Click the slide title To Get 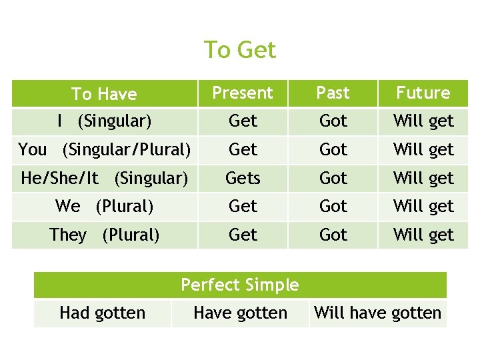pos(239,50)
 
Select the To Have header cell pos(103,94)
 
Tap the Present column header pos(243,93)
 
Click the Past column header pos(333,93)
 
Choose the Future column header pos(423,93)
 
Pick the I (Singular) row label pos(104,121)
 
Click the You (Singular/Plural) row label pos(104,149)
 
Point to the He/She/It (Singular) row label pos(104,178)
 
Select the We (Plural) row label pos(104,207)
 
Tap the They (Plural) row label pos(104,235)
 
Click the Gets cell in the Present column pos(243,178)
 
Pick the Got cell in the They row pos(333,235)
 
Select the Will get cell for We pos(423,207)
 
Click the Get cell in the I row pos(243,121)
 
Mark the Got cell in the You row pos(333,149)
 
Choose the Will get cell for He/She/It pos(423,178)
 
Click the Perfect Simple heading pos(240,285)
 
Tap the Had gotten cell pos(102,313)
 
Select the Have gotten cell pos(240,313)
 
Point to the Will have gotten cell pos(377,313)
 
